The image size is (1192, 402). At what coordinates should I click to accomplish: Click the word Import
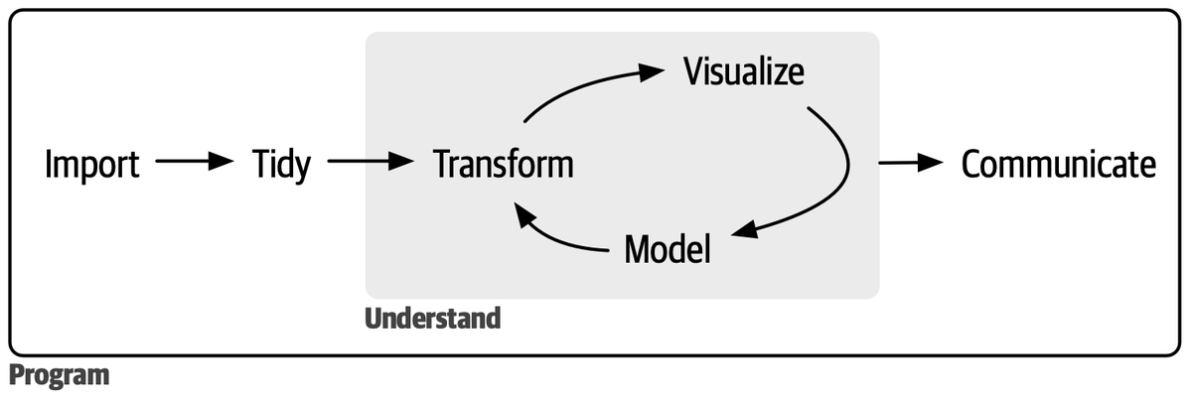tap(91, 165)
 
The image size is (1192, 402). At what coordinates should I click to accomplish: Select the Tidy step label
tap(281, 165)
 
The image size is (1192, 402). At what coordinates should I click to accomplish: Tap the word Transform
tap(504, 165)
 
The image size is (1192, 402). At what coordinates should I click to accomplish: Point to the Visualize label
tap(743, 72)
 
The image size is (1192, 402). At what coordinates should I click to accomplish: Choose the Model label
tap(668, 249)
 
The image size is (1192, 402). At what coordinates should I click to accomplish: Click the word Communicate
tap(1059, 165)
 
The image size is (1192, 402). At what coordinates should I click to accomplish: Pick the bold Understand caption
tap(432, 320)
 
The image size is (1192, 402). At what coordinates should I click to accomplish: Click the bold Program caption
tap(59, 377)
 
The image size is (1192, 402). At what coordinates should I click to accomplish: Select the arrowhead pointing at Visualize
tap(652, 71)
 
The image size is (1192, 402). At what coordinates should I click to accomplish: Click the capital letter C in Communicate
tap(973, 165)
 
